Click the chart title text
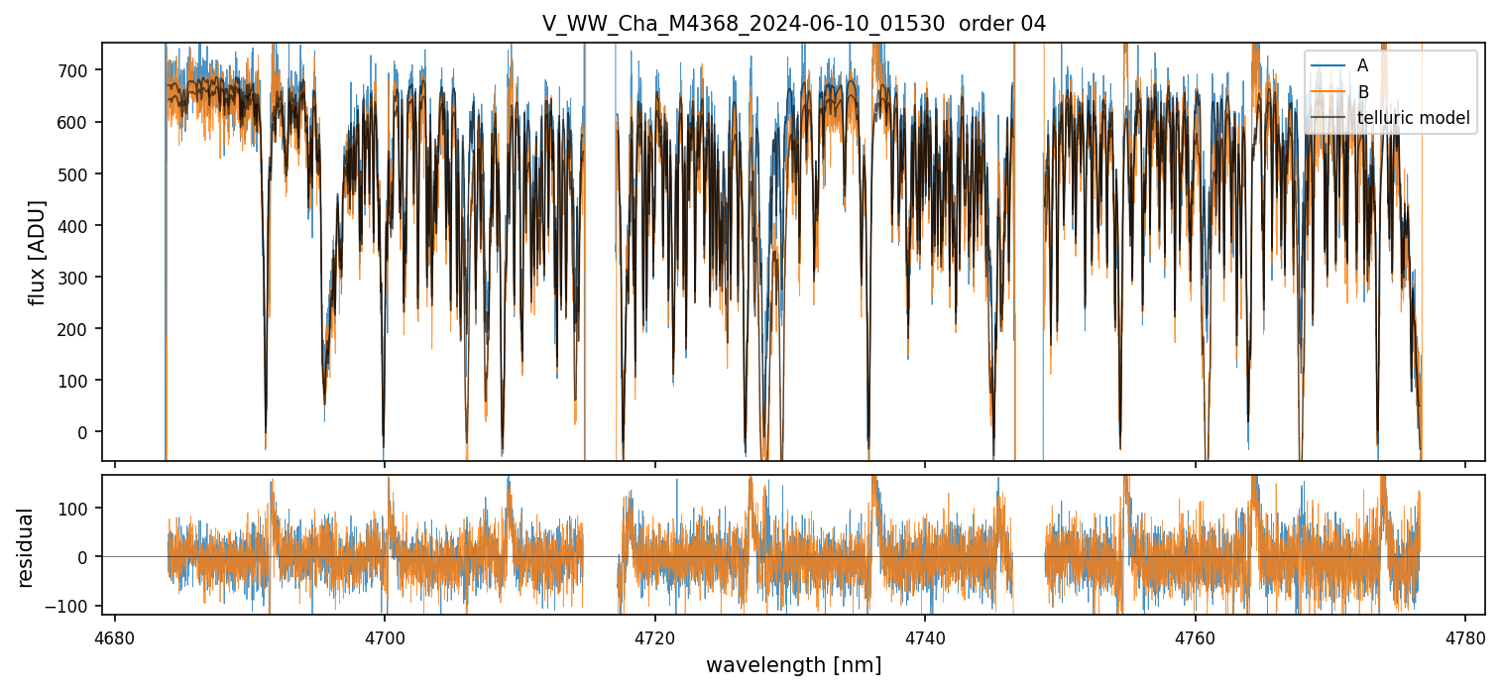(x=793, y=24)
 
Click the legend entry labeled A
(x=1362, y=65)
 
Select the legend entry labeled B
(x=1362, y=92)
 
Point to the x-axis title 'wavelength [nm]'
(x=793, y=665)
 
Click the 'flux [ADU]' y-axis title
(x=38, y=252)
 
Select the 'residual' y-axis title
(x=25, y=547)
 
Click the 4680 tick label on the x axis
(x=115, y=637)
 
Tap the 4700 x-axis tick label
(x=385, y=637)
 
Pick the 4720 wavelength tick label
(x=654, y=637)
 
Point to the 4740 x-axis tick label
(x=925, y=637)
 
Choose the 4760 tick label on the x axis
(x=1195, y=637)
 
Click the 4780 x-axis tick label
(x=1465, y=637)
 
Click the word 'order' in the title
(x=980, y=24)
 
